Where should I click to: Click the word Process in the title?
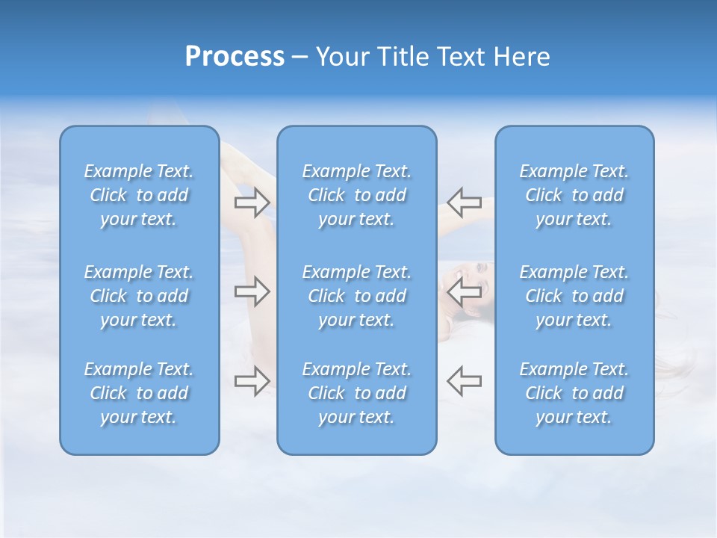[235, 57]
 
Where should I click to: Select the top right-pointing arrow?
[252, 202]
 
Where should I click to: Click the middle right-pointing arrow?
[252, 291]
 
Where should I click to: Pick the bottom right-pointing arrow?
[252, 380]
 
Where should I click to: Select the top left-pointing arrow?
[464, 202]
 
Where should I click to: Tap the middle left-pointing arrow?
[464, 291]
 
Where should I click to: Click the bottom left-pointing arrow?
[464, 380]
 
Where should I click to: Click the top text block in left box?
[139, 195]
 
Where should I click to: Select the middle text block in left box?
[139, 296]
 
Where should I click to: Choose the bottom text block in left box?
[139, 393]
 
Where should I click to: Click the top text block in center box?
[356, 195]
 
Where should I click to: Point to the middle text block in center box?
[356, 296]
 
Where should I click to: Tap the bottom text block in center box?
[356, 393]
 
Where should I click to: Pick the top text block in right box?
[574, 195]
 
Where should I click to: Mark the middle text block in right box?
[574, 296]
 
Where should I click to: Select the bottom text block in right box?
[574, 393]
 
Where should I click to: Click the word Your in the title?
[341, 57]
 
